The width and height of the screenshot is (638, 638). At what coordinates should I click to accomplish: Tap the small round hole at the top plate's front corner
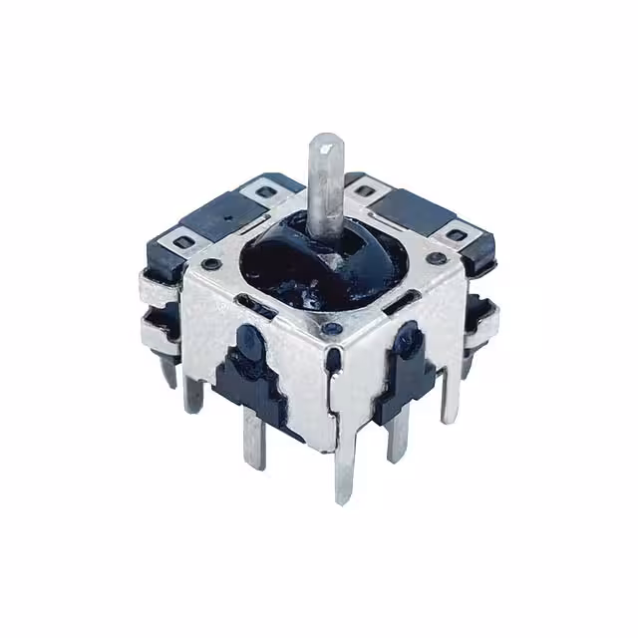coord(330,325)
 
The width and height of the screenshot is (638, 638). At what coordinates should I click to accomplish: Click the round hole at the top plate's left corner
coord(212,264)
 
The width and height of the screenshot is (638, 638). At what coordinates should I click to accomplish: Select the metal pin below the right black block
coord(397,435)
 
